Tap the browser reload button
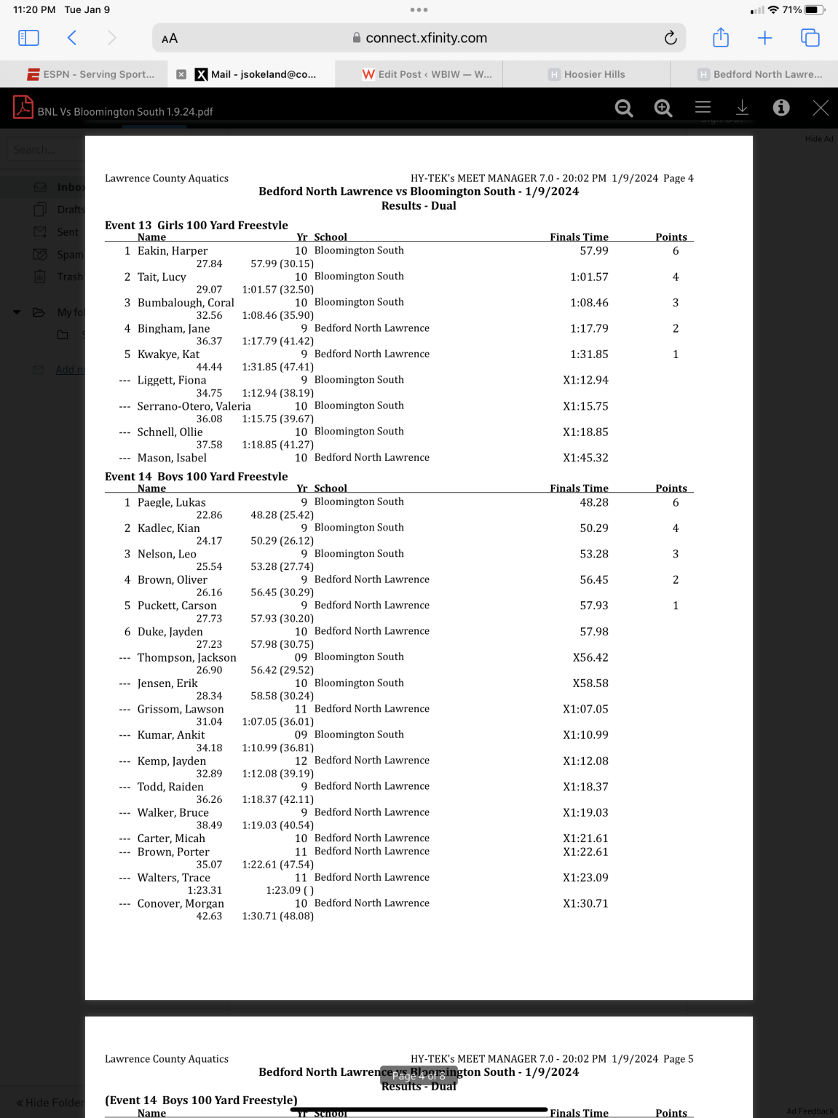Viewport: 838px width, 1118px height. pyautogui.click(x=671, y=38)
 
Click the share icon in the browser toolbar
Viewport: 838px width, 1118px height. pyautogui.click(x=721, y=38)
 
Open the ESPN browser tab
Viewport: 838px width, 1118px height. pyautogui.click(x=91, y=74)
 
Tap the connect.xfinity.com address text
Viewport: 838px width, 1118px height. pyautogui.click(x=426, y=38)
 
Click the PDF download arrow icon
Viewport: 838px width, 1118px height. pyautogui.click(x=742, y=108)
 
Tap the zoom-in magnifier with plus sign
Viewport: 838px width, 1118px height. pyautogui.click(x=663, y=108)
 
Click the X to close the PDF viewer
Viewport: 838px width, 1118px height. pyautogui.click(x=821, y=108)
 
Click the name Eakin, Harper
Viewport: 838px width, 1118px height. pyautogui.click(x=173, y=251)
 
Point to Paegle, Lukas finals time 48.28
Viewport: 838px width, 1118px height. pyautogui.click(x=594, y=502)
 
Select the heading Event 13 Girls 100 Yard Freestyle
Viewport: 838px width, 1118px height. pyautogui.click(x=197, y=225)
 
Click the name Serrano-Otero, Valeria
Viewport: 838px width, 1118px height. pyautogui.click(x=194, y=406)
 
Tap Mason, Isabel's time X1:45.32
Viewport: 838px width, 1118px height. pyautogui.click(x=585, y=458)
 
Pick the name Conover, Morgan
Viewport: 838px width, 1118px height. pyautogui.click(x=181, y=903)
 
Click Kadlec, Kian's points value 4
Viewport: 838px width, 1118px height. pyautogui.click(x=676, y=528)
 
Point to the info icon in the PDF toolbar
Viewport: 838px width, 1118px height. pyautogui.click(x=781, y=108)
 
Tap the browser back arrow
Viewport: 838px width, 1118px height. pyautogui.click(x=72, y=38)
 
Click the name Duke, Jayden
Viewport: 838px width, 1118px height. pyautogui.click(x=170, y=632)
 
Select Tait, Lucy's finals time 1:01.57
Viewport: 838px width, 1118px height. pyautogui.click(x=589, y=277)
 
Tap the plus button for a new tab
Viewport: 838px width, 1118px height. pyautogui.click(x=764, y=38)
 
